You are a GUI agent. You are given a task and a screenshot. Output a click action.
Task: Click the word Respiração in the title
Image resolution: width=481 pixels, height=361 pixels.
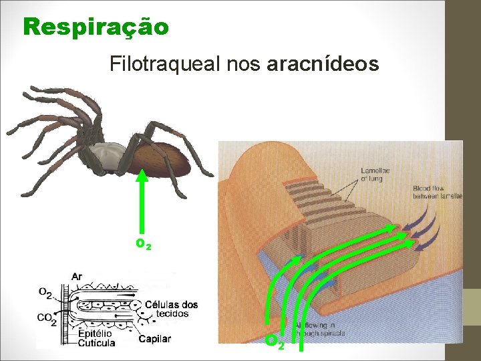click(x=96, y=27)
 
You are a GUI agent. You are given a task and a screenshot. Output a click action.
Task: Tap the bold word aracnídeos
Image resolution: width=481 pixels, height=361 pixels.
click(x=323, y=65)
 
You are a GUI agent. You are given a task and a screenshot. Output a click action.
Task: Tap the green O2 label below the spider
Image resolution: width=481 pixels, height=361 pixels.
click(x=143, y=245)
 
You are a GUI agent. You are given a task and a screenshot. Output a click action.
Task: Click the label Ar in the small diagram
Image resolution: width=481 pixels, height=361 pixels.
click(x=77, y=276)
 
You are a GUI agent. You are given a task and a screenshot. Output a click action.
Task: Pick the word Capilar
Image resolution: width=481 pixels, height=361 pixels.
click(x=155, y=339)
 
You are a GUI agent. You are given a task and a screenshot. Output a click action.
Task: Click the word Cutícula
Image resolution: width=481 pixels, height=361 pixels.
click(x=96, y=343)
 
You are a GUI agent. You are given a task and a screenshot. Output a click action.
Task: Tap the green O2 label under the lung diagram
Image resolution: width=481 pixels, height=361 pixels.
click(x=275, y=342)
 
